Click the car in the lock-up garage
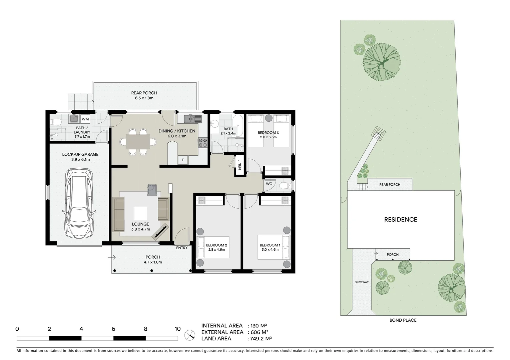point(79,203)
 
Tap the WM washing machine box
point(85,119)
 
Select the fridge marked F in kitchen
point(182,160)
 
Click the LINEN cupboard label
point(239,165)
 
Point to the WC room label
point(269,184)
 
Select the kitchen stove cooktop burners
point(203,143)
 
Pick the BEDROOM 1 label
point(270,245)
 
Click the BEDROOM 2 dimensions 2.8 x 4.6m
point(216,250)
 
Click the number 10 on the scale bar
point(177,329)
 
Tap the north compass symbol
point(190,334)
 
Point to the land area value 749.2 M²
point(260,339)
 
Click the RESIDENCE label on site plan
point(401,220)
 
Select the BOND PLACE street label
point(403,320)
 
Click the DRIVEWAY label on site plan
point(362,282)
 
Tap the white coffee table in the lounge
point(140,213)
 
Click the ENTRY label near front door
point(182,248)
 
